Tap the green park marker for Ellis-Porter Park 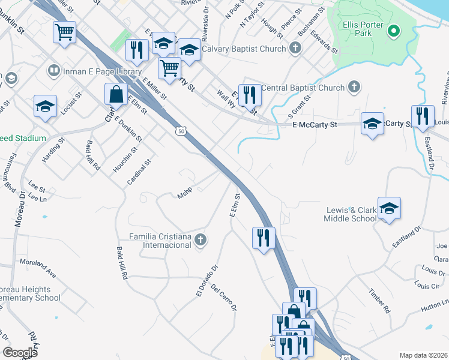394,30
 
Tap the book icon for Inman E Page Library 53,71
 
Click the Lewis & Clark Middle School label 351,214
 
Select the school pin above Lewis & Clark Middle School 389,209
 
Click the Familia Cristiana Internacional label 161,241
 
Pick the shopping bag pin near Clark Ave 115,94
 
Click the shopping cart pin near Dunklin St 64,32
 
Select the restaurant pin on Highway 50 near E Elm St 263,238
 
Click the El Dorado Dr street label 204,280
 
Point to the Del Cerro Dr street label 224,298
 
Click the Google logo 20,352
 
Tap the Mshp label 184,195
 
